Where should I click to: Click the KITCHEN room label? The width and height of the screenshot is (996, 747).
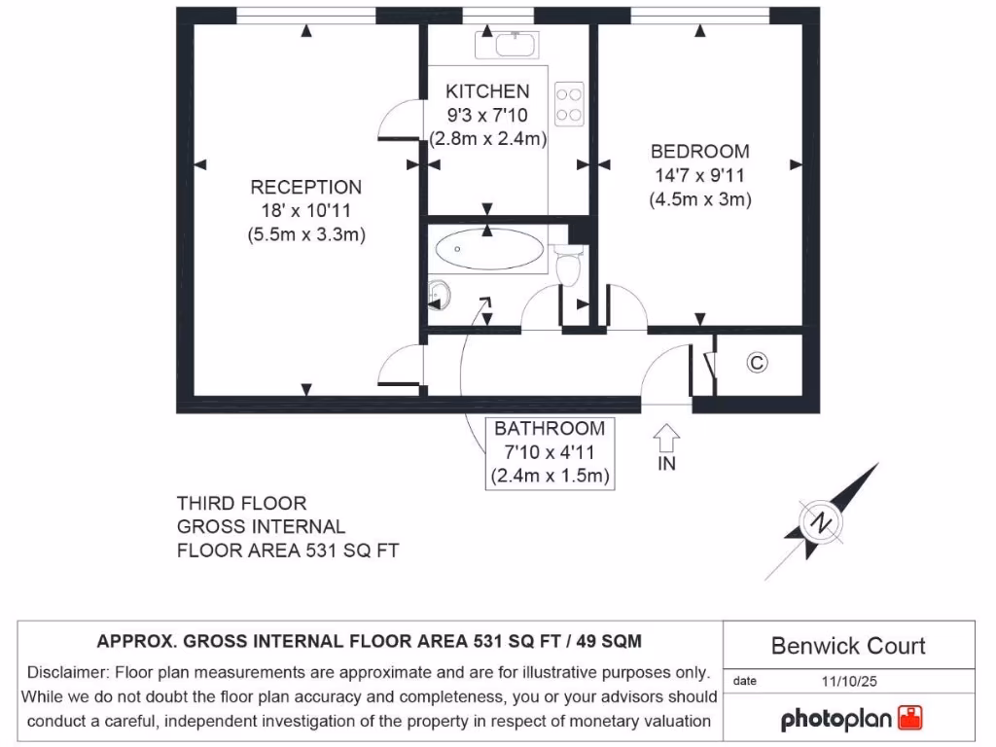pos(487,91)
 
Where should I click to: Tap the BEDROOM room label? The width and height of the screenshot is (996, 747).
pos(699,152)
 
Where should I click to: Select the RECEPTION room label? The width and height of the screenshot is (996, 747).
pos(305,187)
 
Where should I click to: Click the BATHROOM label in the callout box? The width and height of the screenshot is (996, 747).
pos(549,428)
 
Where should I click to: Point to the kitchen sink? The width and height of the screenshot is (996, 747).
pos(507,44)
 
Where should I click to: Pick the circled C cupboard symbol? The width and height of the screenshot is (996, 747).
pos(757,363)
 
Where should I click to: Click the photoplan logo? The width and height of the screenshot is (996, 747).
pos(852,719)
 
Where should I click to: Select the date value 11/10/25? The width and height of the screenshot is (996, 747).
pos(848,681)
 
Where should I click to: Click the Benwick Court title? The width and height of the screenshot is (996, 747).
pos(848,646)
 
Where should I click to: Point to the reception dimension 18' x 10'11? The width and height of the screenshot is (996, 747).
pos(306,211)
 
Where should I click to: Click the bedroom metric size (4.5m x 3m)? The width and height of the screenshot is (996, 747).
pos(700,199)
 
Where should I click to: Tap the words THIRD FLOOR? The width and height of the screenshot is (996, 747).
pos(241,503)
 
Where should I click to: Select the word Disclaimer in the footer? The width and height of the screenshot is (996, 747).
pos(69,672)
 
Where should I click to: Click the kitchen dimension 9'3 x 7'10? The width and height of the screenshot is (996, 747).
pos(487,115)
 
